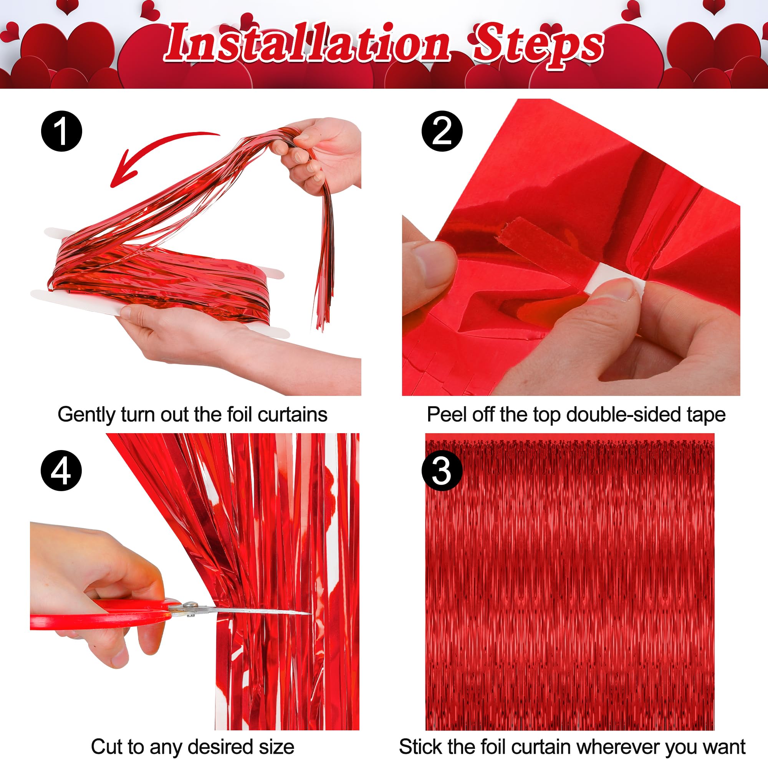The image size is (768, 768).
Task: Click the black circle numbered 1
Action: coord(61,131)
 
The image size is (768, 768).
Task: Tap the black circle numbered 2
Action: coord(442,131)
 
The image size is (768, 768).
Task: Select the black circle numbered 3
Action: coord(442,472)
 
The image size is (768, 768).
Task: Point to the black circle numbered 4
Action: coord(61,471)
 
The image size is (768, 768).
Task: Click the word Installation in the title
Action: coord(308,44)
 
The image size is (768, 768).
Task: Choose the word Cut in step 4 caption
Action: coord(104,746)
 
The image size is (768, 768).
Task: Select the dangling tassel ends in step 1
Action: coord(324,302)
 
